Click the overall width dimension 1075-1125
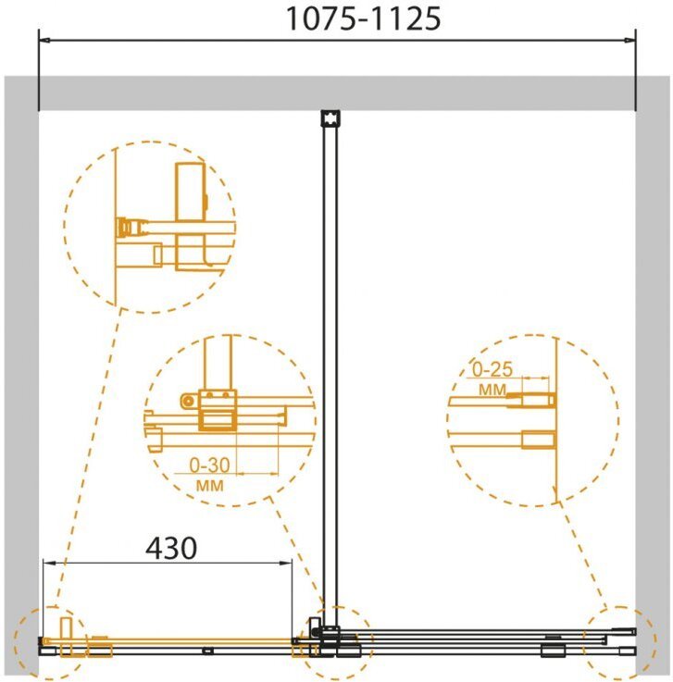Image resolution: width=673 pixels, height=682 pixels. tap(363, 19)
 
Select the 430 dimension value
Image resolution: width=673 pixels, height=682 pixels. tap(171, 549)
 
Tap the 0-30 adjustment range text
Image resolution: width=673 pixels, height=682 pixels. tap(209, 465)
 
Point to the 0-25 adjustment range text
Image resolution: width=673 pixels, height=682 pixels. tap(492, 369)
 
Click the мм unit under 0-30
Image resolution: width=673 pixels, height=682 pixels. tap(210, 485)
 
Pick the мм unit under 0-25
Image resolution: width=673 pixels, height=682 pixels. tap(492, 389)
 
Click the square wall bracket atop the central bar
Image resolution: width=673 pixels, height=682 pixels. tap(330, 118)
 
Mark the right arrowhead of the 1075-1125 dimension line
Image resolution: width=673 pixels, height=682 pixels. tap(629, 41)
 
